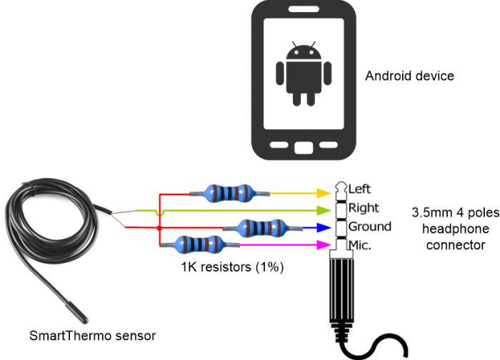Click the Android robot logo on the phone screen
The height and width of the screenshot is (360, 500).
[304, 73]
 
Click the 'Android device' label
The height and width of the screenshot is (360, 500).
[409, 76]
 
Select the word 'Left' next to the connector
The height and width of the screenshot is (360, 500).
[360, 189]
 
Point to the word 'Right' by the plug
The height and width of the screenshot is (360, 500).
[364, 208]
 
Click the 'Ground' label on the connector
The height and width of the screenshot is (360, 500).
[369, 226]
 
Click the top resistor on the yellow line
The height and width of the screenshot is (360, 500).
[229, 192]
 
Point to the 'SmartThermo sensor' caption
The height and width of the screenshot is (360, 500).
[92, 335]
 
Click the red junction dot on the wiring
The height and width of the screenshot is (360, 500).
[158, 229]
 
